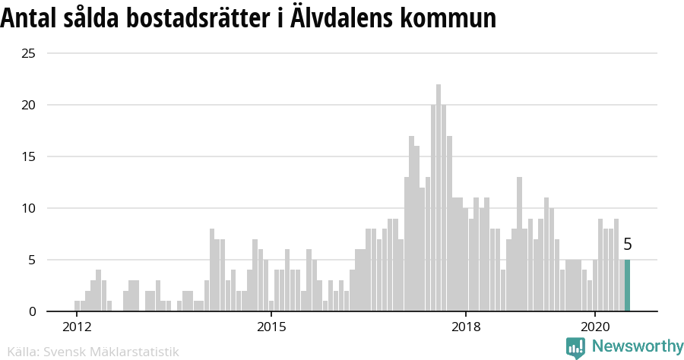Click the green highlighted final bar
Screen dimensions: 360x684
[x=627, y=286]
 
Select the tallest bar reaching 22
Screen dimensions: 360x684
[x=439, y=197]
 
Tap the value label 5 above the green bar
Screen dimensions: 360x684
[x=627, y=244]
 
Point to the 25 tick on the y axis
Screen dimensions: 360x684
[x=29, y=53]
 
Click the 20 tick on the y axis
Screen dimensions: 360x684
[x=29, y=105]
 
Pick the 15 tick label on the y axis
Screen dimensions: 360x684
[x=29, y=156]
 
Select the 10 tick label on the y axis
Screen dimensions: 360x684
[x=29, y=208]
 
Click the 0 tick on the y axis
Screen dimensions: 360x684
[x=32, y=311]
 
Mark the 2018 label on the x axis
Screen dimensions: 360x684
[x=465, y=327]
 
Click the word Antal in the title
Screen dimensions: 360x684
[x=27, y=18]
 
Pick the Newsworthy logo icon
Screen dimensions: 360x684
[x=575, y=347]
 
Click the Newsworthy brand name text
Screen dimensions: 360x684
[x=637, y=346]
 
